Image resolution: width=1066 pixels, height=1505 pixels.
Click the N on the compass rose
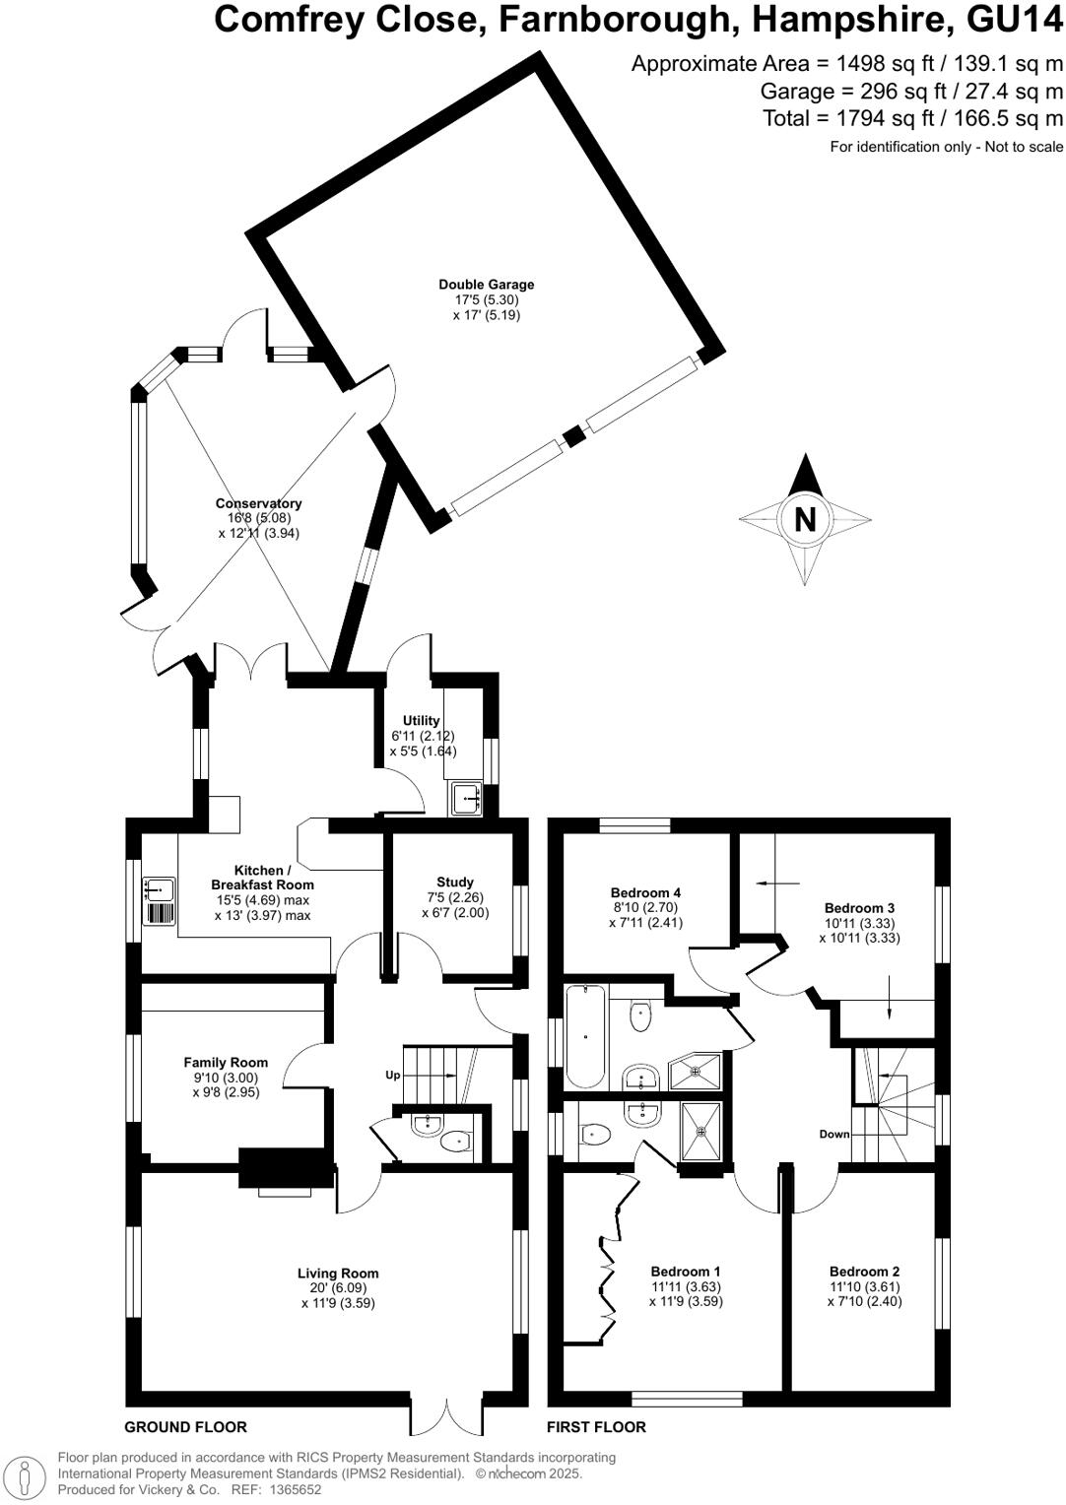coord(805,519)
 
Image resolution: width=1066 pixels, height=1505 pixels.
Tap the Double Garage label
coord(487,285)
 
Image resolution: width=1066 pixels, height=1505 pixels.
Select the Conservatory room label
coord(258,503)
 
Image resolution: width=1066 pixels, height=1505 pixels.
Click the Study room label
coord(455,883)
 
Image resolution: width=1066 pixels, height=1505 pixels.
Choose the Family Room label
coord(226,1062)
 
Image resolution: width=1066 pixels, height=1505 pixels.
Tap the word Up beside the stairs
coord(392,1075)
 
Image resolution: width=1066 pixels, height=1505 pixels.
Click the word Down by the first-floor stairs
coord(833,1134)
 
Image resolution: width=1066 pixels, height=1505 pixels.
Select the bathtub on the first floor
coord(585,1037)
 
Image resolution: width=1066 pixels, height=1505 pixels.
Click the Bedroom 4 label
coord(645,892)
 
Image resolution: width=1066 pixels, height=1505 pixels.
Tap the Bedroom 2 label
coord(864,1272)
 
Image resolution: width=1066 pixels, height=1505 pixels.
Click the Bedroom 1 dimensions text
coord(686,1294)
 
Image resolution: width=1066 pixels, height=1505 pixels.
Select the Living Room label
coord(338,1274)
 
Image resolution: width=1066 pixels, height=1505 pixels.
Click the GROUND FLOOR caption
coord(185,1427)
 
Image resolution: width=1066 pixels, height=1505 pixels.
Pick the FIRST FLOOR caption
coord(596,1427)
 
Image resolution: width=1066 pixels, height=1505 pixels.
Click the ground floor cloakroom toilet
coord(455,1143)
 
